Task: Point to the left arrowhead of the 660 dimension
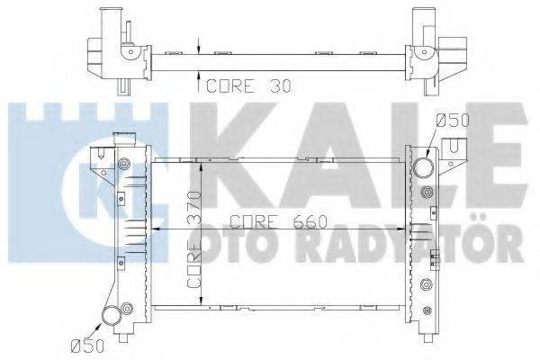tap(154, 230)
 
